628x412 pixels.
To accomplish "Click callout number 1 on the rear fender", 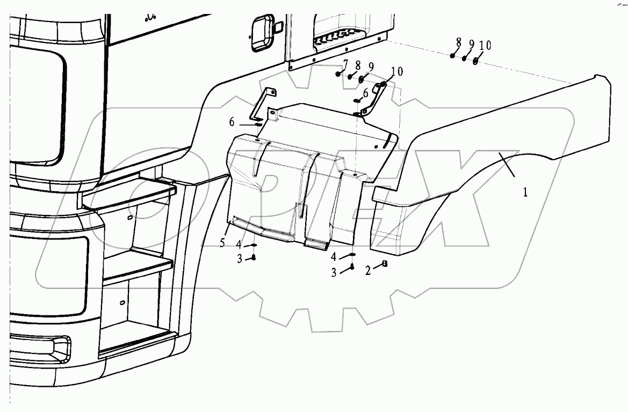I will [x=525, y=192].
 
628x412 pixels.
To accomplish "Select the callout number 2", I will [x=369, y=271].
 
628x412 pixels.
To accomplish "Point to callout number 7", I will [x=346, y=64].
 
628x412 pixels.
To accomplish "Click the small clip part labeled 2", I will [x=385, y=263].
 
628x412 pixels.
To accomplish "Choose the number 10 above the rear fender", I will [x=485, y=46].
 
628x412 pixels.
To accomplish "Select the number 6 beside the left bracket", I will [x=232, y=122].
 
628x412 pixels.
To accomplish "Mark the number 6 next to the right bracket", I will [x=366, y=93].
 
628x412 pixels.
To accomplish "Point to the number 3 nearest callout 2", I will [x=334, y=273].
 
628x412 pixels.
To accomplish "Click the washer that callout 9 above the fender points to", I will [x=465, y=58].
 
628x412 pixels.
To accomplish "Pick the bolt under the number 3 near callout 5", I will [x=254, y=257].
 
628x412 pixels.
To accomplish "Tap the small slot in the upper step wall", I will [x=130, y=218].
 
